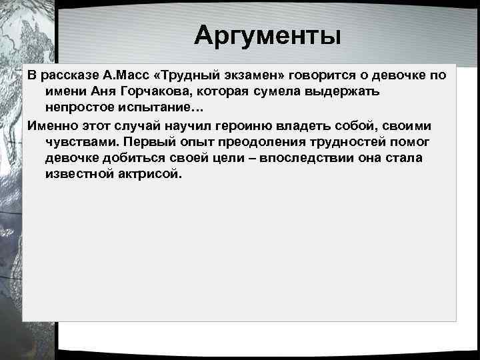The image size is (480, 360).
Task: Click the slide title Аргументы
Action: (267, 35)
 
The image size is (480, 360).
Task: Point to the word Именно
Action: (51, 125)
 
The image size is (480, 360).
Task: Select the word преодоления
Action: (261, 141)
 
